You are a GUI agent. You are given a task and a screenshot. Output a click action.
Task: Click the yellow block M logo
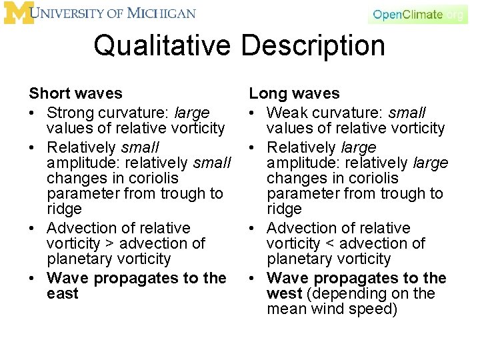point(19,13)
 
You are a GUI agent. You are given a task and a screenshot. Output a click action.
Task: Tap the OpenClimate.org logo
point(418,15)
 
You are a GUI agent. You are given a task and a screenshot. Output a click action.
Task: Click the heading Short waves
point(75,94)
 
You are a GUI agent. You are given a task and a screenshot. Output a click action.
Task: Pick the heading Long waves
point(295,94)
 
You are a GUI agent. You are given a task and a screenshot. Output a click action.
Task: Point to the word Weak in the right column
point(286,113)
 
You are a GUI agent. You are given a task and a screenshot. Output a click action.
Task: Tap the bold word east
point(63,294)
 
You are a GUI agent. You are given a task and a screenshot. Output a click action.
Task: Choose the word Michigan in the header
point(164,13)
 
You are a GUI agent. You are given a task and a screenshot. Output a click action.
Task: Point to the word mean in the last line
point(287,309)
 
